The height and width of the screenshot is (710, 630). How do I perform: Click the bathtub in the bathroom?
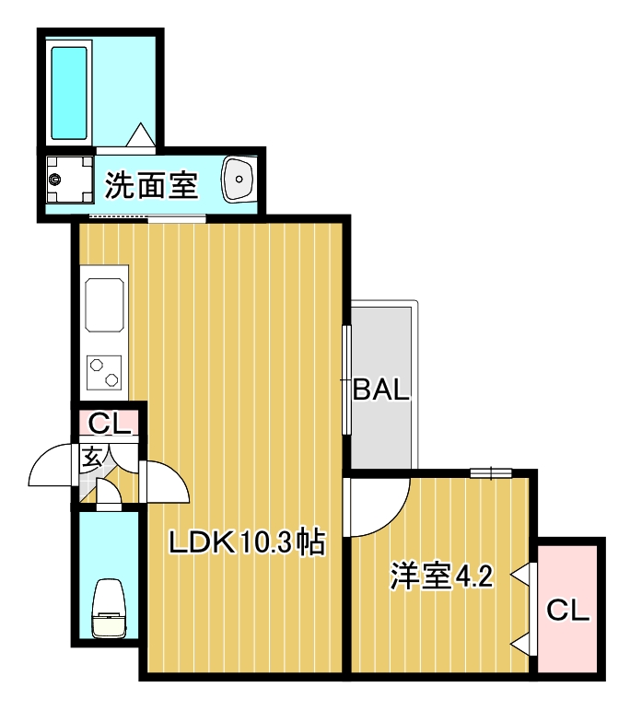tap(69, 92)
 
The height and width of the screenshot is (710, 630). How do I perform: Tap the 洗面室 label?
tap(151, 187)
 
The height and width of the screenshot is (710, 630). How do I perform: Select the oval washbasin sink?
tap(239, 179)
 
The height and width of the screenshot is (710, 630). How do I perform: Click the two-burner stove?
tap(104, 372)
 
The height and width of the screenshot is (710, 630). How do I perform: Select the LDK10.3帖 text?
tap(247, 542)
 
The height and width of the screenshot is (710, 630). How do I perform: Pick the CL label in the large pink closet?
tap(567, 610)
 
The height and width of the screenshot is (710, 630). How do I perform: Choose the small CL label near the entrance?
tap(110, 425)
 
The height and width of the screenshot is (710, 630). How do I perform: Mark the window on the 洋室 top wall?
tap(490, 473)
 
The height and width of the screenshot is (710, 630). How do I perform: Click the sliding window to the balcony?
tap(346, 378)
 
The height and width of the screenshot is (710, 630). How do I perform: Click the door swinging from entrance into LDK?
tap(166, 482)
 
